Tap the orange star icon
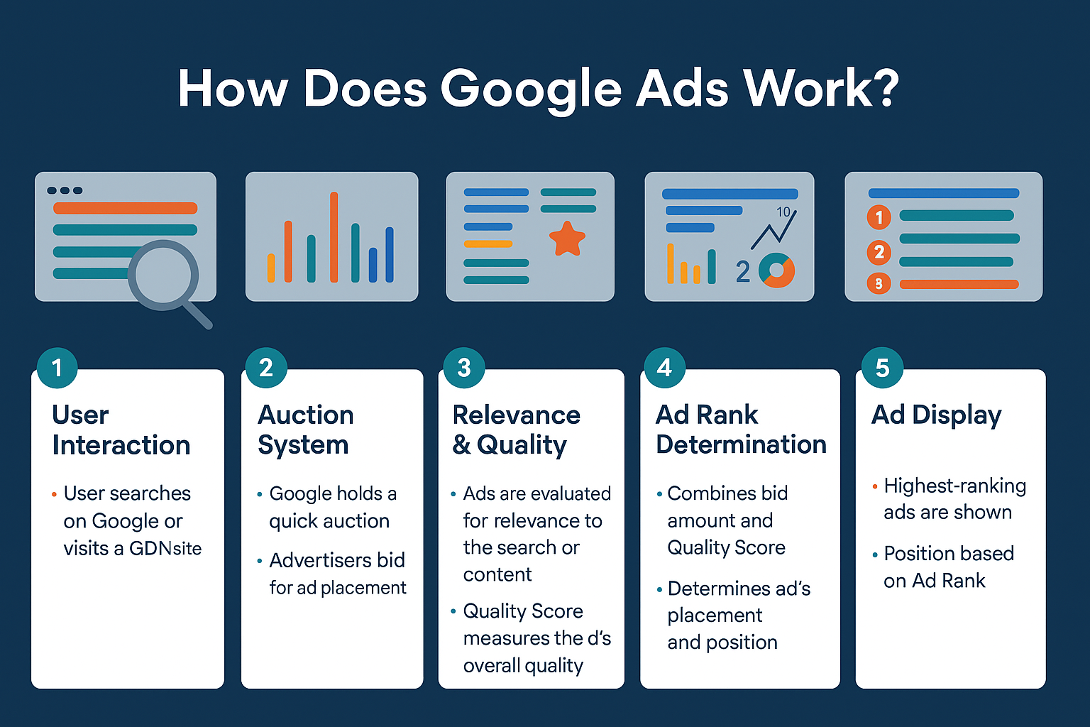coord(567,239)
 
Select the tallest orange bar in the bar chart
coord(334,237)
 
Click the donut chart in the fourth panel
coord(776,270)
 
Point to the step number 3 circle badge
coord(464,368)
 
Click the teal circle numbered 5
coord(882,368)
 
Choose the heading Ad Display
coord(936,416)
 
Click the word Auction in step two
coord(306,415)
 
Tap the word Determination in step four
coord(741,444)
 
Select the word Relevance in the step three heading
coord(517,415)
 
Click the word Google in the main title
coord(531,90)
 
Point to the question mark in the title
coord(885,87)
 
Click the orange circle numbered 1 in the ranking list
coord(879,217)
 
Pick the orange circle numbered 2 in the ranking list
coord(879,252)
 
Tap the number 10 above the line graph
coord(783,212)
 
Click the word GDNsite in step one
coord(165,549)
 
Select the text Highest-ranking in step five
coord(955,486)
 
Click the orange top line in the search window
coord(125,209)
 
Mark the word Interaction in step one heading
coord(121,445)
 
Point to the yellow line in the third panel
coord(488,244)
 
